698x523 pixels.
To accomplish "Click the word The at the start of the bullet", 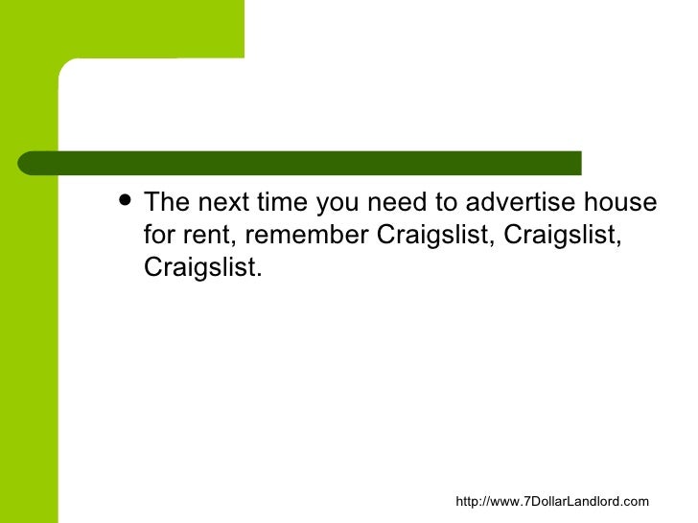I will (x=167, y=203).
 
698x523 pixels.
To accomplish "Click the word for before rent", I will (x=159, y=236).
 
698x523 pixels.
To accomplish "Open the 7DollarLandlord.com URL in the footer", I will (x=551, y=501).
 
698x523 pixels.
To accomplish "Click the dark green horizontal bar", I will (x=307, y=163).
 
